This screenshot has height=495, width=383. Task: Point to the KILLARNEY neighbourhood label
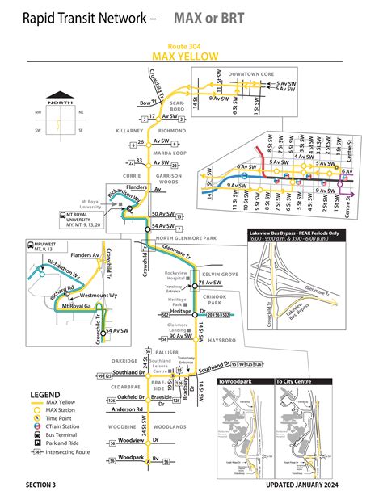pyautogui.click(x=128, y=129)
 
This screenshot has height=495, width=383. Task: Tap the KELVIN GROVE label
pyautogui.click(x=219, y=275)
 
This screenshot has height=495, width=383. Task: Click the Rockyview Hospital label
pyautogui.click(x=175, y=276)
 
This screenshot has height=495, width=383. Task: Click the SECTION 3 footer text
pyautogui.click(x=41, y=485)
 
